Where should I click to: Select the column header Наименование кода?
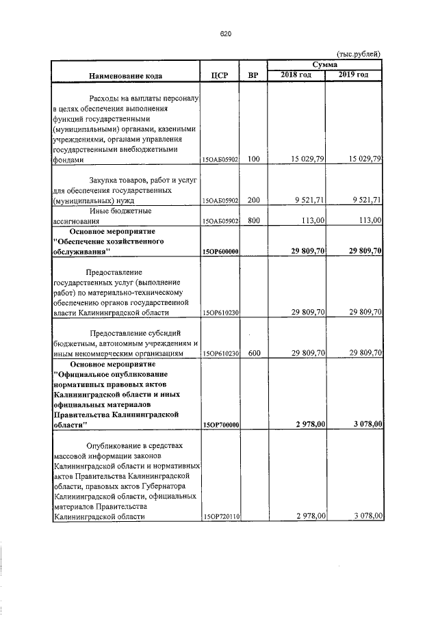125,75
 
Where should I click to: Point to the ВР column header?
253,75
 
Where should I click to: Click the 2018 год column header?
296,75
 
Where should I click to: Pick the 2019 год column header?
354,75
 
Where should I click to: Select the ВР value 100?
254,159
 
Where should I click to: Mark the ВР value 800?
254,221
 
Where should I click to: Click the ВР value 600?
254,353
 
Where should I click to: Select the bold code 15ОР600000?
220,252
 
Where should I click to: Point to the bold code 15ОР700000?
220,425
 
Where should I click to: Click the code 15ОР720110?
220,517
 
